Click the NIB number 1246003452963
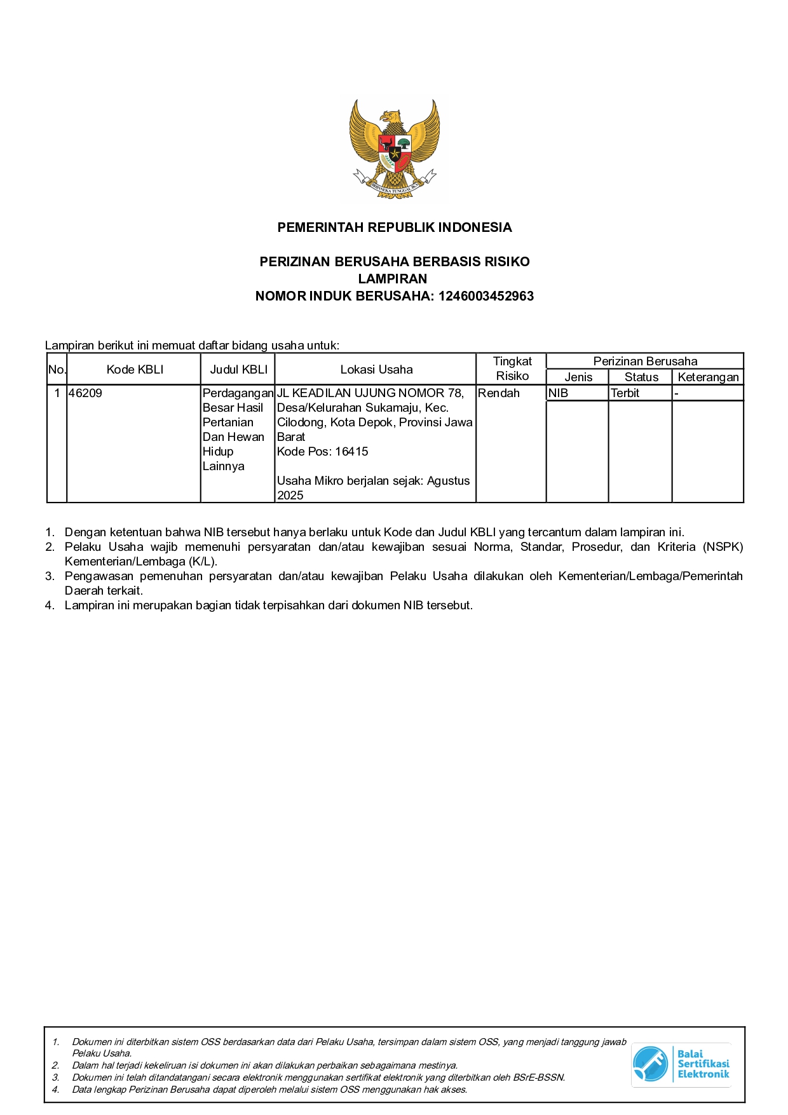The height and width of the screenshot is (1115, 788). coord(486,296)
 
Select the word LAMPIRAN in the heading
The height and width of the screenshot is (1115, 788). coord(393,278)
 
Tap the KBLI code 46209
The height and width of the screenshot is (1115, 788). coord(85,393)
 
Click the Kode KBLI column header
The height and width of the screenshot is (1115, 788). coord(135,370)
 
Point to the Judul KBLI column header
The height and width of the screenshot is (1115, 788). coord(238,370)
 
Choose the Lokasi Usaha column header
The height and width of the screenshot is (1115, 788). coord(376,370)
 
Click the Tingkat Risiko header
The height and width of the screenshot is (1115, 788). coord(512,368)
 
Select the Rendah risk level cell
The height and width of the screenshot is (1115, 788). coord(499,393)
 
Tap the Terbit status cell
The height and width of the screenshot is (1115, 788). coord(625,393)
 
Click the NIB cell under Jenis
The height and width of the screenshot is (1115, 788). coord(558,393)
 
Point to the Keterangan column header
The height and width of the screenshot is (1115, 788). coord(708,377)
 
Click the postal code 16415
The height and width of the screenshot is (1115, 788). coord(351,452)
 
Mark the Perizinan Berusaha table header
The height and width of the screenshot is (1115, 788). coord(645,362)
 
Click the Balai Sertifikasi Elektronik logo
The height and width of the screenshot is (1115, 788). coord(681,1064)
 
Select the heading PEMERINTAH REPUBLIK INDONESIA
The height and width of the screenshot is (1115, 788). coord(394,227)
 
